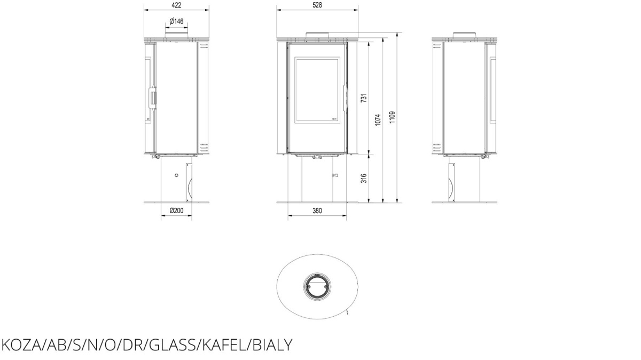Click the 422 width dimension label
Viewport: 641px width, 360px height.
[x=177, y=5]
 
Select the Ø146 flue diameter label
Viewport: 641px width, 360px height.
[x=176, y=21]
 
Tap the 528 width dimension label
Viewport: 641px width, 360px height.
[x=317, y=5]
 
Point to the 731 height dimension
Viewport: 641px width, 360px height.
[x=364, y=98]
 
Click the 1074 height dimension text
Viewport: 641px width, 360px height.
[x=378, y=120]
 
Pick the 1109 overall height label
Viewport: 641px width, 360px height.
[x=392, y=118]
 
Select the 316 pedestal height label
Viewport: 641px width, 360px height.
[x=364, y=178]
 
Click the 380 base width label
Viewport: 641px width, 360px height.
[x=317, y=210]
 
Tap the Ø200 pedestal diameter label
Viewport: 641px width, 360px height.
[x=176, y=210]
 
